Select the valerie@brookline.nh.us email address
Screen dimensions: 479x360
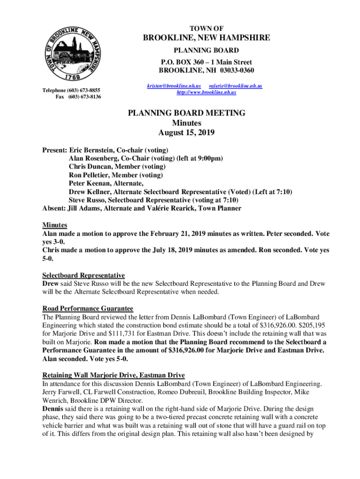pos(236,86)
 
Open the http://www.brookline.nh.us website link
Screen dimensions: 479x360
pos(206,93)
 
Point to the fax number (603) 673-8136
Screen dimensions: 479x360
pos(84,97)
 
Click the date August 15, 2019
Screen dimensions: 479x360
pos(186,133)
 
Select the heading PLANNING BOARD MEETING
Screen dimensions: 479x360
pos(187,113)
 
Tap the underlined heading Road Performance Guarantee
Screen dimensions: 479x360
pos(88,309)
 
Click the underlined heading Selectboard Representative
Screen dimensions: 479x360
pos(83,275)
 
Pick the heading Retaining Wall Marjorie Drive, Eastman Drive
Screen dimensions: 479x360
pos(114,376)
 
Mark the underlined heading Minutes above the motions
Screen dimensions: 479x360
pos(55,225)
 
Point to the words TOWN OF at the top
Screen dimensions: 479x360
pos(206,29)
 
